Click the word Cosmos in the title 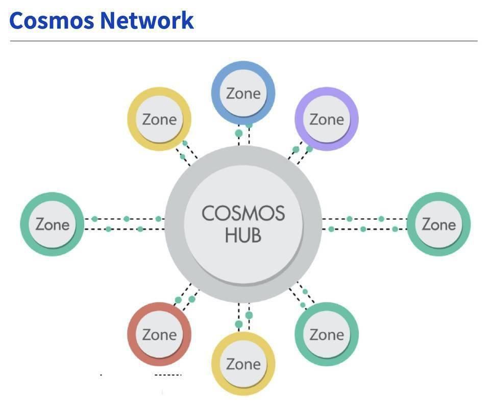(51, 20)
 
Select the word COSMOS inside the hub (243, 213)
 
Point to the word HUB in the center (243, 235)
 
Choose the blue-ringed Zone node (243, 93)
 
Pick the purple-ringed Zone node (327, 119)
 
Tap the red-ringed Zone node (159, 335)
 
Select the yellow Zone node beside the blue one (159, 119)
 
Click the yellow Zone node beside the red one (243, 364)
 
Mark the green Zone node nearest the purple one (438, 224)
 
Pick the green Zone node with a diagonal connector (327, 335)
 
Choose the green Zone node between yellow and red (52, 224)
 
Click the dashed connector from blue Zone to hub (244, 134)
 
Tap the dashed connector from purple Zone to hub (301, 152)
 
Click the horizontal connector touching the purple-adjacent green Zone (365, 224)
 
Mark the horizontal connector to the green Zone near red (125, 224)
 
